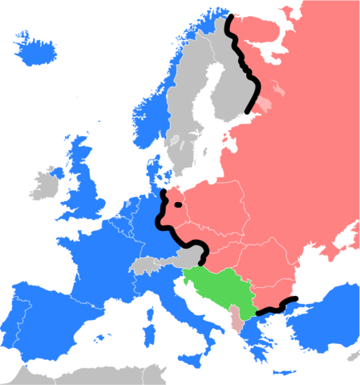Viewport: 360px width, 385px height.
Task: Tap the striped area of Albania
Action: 235,318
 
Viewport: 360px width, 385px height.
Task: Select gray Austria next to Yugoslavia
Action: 188,258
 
